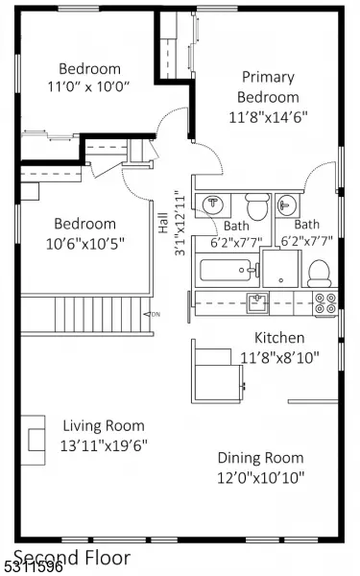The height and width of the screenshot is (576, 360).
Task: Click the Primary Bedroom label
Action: (268, 87)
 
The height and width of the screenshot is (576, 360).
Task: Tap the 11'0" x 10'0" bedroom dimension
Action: (89, 86)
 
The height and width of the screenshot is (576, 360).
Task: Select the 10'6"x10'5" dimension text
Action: (85, 243)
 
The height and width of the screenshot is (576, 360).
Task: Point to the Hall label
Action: (163, 223)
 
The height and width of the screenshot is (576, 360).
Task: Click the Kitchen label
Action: (279, 338)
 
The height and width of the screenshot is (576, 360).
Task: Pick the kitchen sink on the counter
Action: (257, 302)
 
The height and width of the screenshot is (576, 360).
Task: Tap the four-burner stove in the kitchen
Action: (325, 303)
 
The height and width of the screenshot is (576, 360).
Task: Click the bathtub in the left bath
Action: (227, 271)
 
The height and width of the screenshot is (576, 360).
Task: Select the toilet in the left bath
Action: (257, 206)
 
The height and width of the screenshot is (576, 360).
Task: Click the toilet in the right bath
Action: (320, 274)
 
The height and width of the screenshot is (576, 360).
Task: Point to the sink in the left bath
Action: (213, 205)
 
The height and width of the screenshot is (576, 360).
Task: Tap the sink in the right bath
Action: (287, 204)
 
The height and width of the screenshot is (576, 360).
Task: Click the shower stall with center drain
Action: (281, 268)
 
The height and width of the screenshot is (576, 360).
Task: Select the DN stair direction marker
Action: (152, 315)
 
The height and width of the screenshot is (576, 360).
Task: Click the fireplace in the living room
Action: (33, 440)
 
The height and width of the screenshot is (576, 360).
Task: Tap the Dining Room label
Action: (261, 458)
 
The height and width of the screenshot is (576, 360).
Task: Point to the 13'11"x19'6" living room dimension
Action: (104, 445)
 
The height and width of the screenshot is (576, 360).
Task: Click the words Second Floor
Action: (72, 558)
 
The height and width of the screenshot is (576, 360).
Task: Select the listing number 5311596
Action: (32, 567)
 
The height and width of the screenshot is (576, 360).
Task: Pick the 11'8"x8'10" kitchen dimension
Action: (279, 357)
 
